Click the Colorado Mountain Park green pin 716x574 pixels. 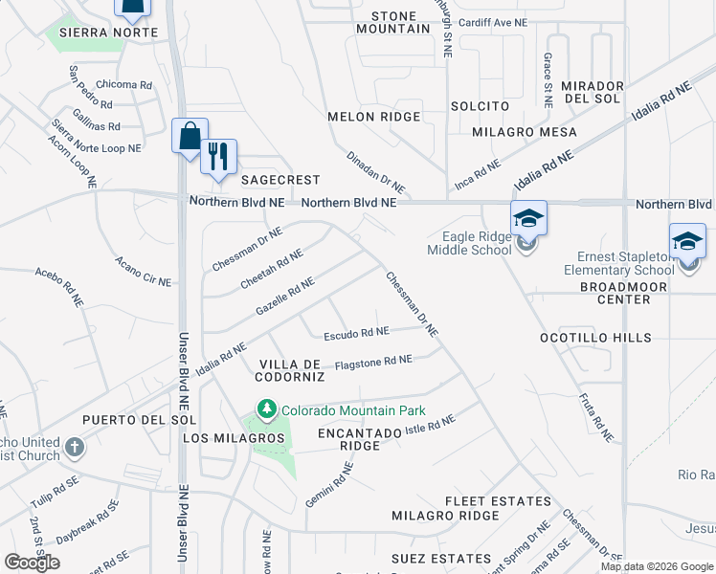pos(265,410)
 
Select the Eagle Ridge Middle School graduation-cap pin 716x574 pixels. pos(527,219)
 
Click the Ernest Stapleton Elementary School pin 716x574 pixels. pos(686,242)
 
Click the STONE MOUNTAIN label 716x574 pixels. pos(392,23)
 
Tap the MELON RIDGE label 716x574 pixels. pos(373,117)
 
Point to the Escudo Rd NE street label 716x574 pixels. pos(356,334)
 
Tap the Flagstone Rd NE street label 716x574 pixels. pos(373,362)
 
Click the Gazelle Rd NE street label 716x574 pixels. pos(284,298)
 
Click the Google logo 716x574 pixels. pos(33,562)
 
